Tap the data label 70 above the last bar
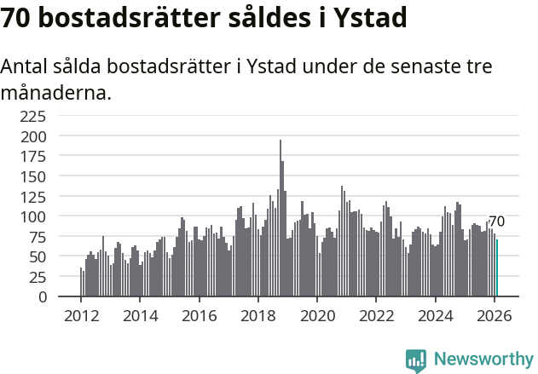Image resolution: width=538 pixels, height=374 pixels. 496,222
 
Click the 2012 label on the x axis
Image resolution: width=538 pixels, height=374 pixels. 81,315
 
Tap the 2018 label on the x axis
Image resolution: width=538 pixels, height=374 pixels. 258,315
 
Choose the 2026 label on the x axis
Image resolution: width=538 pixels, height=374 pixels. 495,315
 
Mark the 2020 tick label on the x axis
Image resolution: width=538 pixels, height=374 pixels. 317,315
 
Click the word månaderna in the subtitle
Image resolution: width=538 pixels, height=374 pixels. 56,92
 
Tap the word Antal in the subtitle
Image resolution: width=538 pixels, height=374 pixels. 26,66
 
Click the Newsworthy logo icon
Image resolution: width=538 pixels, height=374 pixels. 416,360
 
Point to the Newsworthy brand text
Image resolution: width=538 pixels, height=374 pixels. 483,360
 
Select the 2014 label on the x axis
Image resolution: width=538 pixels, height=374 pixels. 140,315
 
